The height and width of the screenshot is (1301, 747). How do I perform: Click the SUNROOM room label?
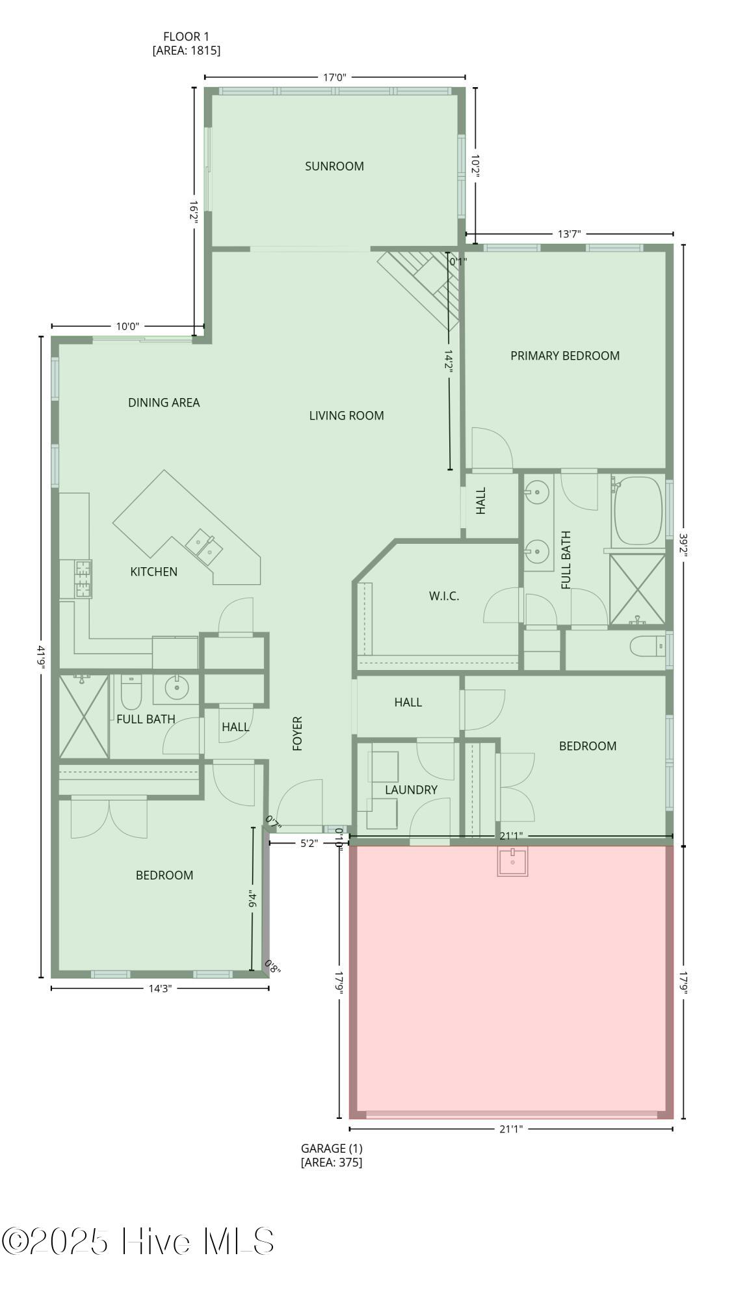click(334, 167)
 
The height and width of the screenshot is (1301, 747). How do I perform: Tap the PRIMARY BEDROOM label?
click(564, 356)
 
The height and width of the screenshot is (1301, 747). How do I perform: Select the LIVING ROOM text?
click(347, 416)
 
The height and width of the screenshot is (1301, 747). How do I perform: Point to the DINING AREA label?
click(164, 403)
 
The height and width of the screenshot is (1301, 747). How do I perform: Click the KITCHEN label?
click(153, 572)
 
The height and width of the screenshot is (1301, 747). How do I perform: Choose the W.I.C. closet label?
click(444, 596)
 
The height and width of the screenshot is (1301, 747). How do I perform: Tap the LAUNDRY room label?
click(411, 790)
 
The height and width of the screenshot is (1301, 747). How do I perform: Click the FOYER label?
click(298, 734)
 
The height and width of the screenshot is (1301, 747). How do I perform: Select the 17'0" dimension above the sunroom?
click(335, 77)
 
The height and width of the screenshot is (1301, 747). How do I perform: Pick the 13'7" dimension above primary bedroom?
click(569, 234)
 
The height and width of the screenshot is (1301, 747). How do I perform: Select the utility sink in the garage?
click(512, 861)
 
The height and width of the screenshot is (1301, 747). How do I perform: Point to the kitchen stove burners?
click(83, 579)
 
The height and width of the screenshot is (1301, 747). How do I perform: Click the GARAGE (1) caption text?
click(332, 1149)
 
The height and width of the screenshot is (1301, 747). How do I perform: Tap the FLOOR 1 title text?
click(186, 37)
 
